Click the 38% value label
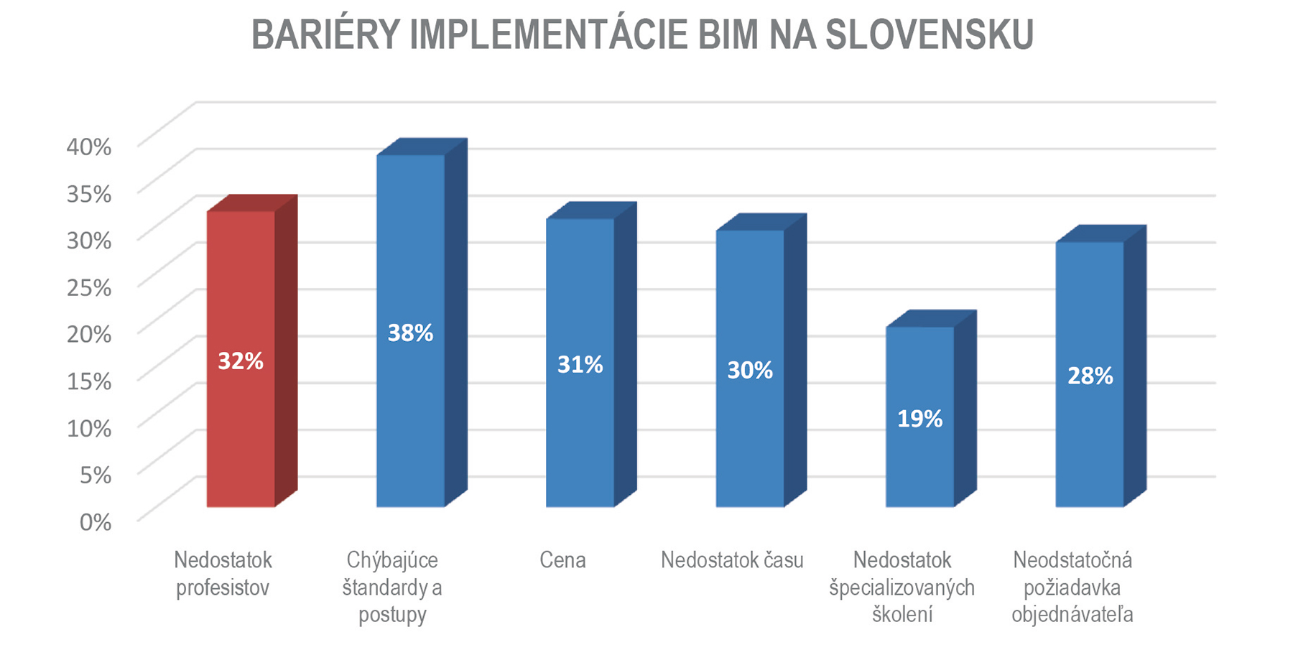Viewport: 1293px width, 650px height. [x=410, y=333]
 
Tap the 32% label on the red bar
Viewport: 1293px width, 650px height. [x=241, y=361]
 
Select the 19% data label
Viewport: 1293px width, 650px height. [x=919, y=418]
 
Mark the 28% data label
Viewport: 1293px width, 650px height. [x=1090, y=376]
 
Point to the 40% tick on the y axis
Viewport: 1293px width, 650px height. [x=89, y=147]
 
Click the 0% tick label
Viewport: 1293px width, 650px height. [x=95, y=522]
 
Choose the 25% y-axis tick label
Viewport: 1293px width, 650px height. [x=89, y=287]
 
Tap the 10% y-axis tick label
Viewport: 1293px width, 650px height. [x=89, y=428]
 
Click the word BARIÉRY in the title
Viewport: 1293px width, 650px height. [x=325, y=34]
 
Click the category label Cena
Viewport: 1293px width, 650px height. [x=562, y=560]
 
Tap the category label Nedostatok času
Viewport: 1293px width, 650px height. [x=732, y=560]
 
